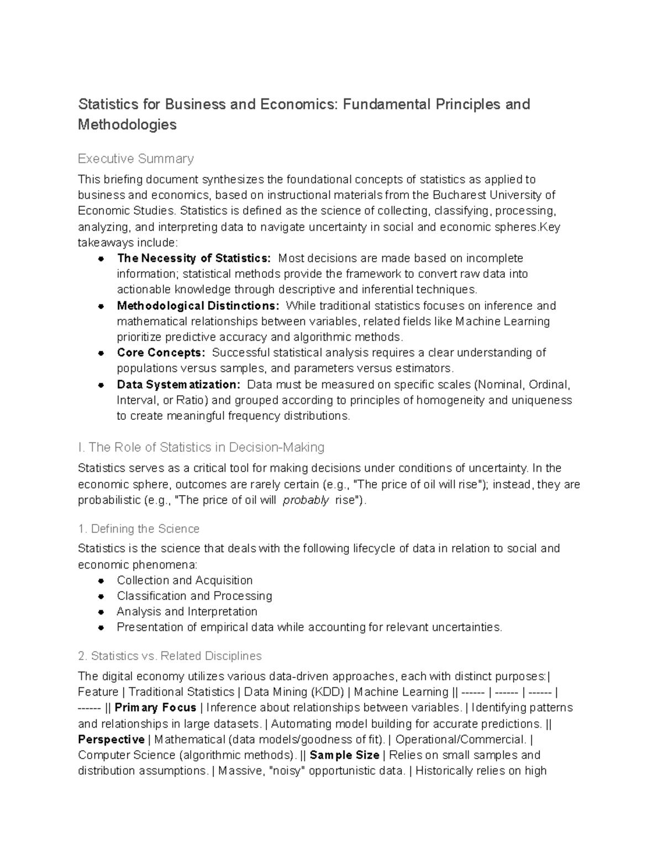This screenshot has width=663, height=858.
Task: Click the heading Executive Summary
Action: [x=135, y=159]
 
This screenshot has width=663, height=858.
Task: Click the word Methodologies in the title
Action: [x=127, y=125]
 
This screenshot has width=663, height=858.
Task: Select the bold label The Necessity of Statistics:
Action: [x=194, y=259]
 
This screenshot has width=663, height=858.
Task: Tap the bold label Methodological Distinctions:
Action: [x=198, y=306]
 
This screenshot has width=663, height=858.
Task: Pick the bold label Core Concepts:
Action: [x=161, y=353]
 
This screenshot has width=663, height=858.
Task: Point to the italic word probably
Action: [x=306, y=501]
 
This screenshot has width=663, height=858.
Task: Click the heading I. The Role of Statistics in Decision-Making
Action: [x=201, y=447]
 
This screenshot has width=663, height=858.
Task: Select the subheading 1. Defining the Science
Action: [x=139, y=529]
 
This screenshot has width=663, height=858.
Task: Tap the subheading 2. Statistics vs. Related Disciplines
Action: [x=170, y=656]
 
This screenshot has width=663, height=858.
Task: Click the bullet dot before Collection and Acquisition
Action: [x=101, y=581]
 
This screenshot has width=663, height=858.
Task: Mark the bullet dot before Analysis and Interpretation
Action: [x=101, y=612]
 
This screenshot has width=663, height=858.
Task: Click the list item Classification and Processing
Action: [x=194, y=596]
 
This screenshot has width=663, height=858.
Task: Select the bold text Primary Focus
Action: [x=155, y=708]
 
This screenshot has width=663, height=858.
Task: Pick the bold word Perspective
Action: [x=111, y=739]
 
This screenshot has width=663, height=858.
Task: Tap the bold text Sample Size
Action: [x=344, y=755]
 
